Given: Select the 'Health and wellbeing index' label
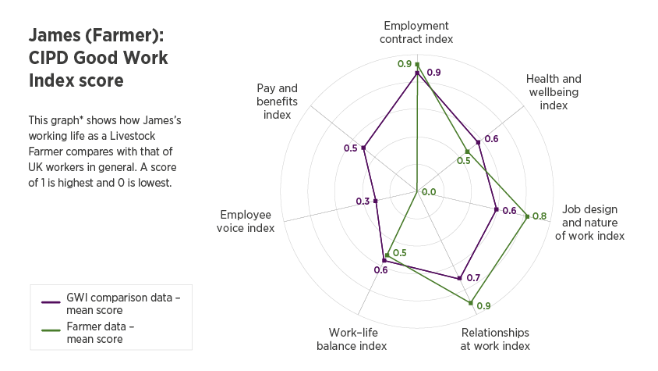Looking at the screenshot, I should [x=554, y=91].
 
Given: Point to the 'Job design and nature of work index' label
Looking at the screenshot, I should [x=589, y=222].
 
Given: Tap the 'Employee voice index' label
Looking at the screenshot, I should [x=247, y=221].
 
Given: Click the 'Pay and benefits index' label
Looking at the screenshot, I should [x=278, y=101].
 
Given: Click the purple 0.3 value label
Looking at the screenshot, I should [x=363, y=202].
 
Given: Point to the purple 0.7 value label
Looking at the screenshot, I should [x=473, y=277].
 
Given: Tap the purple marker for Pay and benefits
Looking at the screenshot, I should [x=364, y=148].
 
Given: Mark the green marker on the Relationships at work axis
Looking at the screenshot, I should [x=471, y=302].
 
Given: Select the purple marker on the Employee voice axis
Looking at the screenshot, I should [x=376, y=201].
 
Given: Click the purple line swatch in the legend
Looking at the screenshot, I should [x=51, y=301].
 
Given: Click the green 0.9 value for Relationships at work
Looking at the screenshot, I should [x=483, y=306].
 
